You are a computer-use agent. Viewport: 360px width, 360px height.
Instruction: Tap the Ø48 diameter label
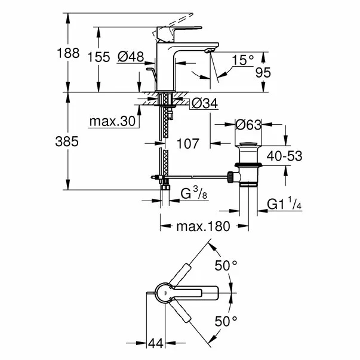pos(131,57)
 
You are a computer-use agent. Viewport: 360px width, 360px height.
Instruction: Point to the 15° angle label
pos(243,60)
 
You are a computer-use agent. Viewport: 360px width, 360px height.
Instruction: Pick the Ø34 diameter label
pos(204,104)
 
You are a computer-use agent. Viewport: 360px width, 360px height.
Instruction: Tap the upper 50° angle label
pos(226,266)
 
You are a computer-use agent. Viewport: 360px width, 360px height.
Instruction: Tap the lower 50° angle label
pos(226,322)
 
